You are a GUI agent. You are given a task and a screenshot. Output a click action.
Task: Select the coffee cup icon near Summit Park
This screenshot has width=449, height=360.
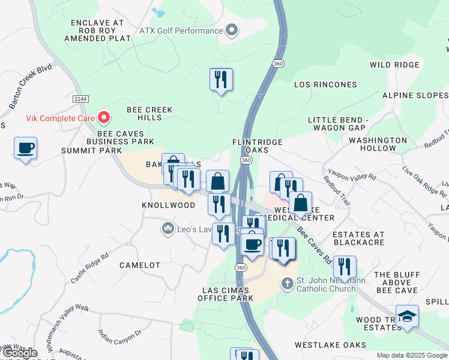[25, 148]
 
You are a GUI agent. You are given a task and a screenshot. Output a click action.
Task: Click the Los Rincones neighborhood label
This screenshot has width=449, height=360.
[325, 85]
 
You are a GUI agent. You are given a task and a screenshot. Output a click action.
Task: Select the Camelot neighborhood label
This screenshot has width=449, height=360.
[140, 265]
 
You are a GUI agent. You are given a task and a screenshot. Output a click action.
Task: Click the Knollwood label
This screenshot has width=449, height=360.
[168, 205]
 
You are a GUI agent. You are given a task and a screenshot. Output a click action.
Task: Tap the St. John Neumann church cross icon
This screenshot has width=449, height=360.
[288, 283]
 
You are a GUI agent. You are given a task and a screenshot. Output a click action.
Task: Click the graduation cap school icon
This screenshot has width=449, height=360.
[407, 316]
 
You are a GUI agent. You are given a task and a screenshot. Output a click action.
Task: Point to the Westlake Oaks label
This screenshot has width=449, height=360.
[330, 345]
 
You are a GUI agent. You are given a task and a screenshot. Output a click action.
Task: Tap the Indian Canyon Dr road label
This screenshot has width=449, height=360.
[119, 340]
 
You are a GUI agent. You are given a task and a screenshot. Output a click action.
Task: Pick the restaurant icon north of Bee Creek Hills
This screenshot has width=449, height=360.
[221, 79]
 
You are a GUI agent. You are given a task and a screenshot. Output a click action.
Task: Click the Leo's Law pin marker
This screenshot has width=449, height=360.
[167, 229]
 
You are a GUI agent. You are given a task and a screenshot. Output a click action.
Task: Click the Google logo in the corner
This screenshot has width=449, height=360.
[19, 353]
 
